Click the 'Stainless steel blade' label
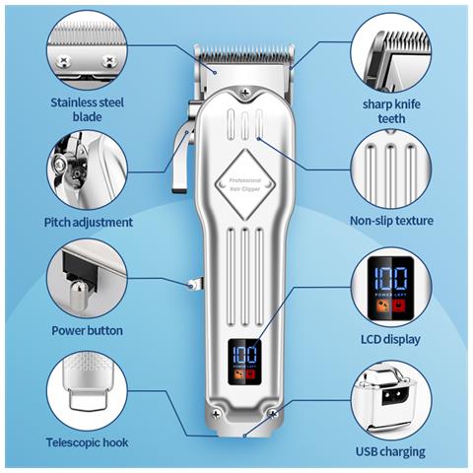pos(88,109)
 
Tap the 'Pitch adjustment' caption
pos(89,223)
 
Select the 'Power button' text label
pos(88,330)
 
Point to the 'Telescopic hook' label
pos(87,442)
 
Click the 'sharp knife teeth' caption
pos(391,111)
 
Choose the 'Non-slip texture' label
pos(391,221)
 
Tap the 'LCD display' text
pos(390,339)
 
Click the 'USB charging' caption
pos(390,452)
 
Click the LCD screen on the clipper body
pos(244,362)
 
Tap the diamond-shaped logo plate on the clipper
pos(244,184)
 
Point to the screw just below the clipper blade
pos(244,93)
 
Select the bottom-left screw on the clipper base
pos(216,415)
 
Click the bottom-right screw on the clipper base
pos(273,415)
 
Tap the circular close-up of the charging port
pos(391,401)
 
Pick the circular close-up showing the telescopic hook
pos(87,391)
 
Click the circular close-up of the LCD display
pos(391,288)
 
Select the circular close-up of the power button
pos(87,278)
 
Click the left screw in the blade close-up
pos(63,61)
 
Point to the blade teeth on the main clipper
pos(244,53)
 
